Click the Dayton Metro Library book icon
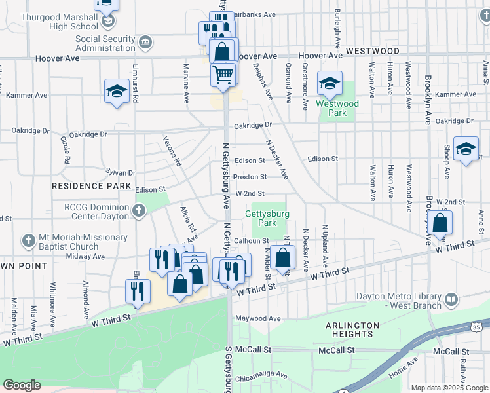(451, 301)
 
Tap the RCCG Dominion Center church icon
(138, 211)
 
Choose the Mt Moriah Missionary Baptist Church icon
(28, 241)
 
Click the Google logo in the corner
(22, 385)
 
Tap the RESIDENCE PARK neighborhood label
(83, 186)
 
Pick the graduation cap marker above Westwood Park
(330, 83)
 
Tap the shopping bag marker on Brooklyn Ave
(440, 223)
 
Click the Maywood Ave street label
(257, 318)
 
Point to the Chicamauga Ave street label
(262, 375)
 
